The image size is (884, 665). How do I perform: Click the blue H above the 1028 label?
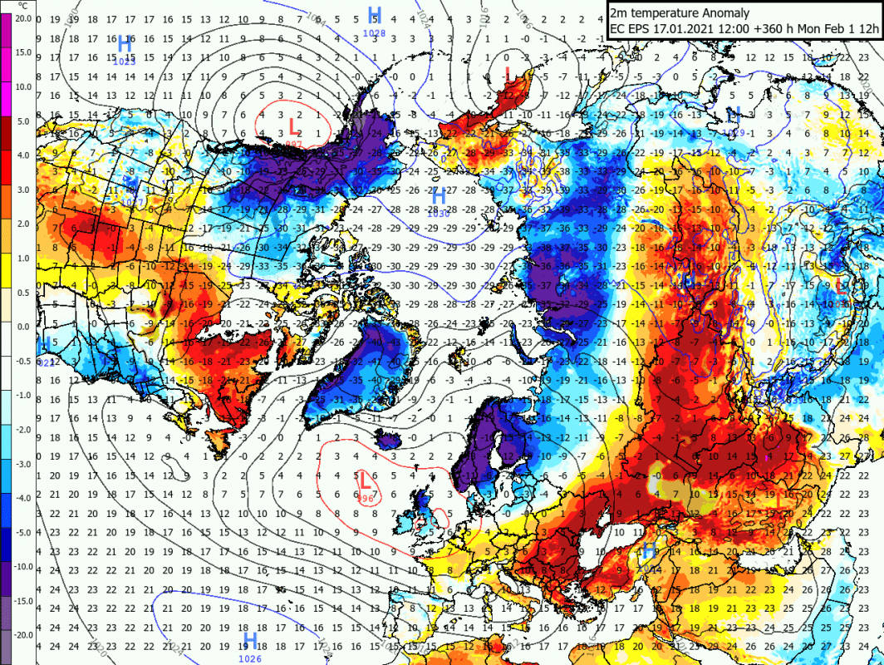[375, 15]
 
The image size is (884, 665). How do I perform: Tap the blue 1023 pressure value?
[125, 61]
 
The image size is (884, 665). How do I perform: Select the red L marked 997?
[292, 126]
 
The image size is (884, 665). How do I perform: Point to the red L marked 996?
[364, 480]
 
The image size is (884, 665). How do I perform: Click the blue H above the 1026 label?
[249, 639]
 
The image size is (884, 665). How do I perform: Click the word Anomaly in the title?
[723, 13]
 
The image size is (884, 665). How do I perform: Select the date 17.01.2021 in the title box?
[681, 30]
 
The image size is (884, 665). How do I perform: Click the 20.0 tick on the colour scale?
[22, 17]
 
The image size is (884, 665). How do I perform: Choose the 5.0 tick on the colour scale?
[22, 121]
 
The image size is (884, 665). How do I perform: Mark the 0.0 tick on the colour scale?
[22, 328]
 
